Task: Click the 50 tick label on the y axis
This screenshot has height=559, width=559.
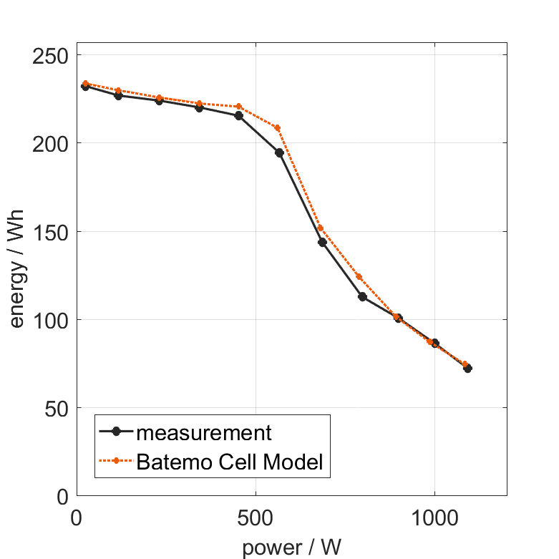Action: pyautogui.click(x=56, y=408)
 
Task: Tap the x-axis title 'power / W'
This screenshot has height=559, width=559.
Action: pyautogui.click(x=291, y=547)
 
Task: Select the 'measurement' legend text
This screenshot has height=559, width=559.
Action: pyautogui.click(x=204, y=432)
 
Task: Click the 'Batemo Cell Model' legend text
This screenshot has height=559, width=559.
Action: pyautogui.click(x=230, y=462)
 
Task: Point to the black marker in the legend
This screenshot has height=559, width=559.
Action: pyautogui.click(x=116, y=432)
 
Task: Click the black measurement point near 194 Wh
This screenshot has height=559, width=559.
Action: pyautogui.click(x=279, y=152)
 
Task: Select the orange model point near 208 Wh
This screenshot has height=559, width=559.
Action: pyautogui.click(x=278, y=128)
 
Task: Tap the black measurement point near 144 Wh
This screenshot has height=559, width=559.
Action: pyautogui.click(x=322, y=242)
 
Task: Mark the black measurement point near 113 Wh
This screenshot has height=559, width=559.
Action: pyautogui.click(x=362, y=296)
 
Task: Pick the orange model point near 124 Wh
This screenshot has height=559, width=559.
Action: pyautogui.click(x=359, y=277)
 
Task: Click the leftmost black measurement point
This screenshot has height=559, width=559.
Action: pyautogui.click(x=85, y=87)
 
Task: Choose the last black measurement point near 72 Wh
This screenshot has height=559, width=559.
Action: pyautogui.click(x=467, y=368)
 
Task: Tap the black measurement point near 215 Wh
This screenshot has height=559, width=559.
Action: pyautogui.click(x=238, y=115)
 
